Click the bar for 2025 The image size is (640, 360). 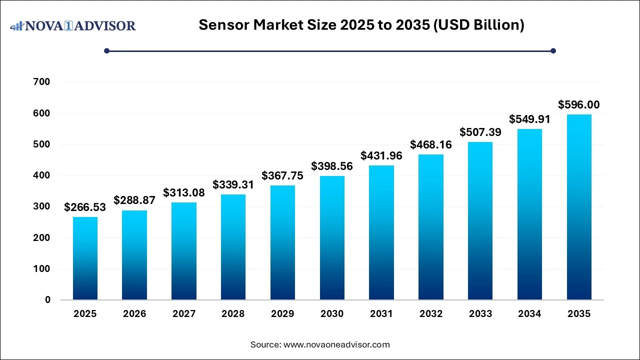pos(85,258)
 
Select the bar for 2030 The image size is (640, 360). pos(332,238)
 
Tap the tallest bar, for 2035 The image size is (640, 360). pos(579,207)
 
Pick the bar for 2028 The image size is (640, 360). pos(233,247)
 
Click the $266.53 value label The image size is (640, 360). pos(85,207)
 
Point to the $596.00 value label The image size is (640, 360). pos(579,105)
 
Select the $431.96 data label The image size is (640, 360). pos(381,155)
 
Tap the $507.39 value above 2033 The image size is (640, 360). pos(480,132)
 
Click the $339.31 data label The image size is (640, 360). pos(233,184)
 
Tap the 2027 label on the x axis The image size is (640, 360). pos(184,314)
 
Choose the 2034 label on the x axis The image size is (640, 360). pos(529,314)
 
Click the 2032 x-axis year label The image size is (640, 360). pos(431,314)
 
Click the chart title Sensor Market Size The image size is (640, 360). pos(361,25)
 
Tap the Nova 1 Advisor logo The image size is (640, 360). pos(73,25)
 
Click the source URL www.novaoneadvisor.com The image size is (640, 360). pos(336,344)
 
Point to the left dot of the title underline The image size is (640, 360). pos(106,50)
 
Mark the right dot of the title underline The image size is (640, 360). pos(553,50)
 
